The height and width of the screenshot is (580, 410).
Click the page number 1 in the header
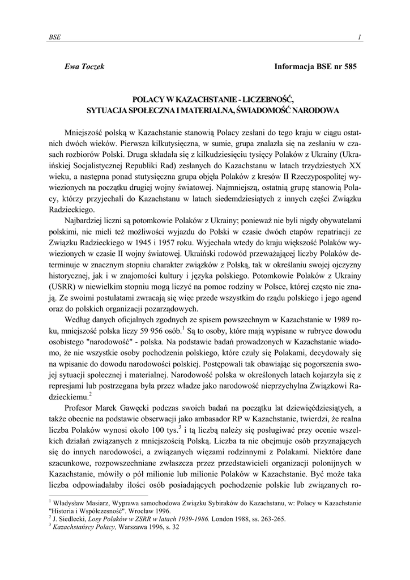click(x=360, y=37)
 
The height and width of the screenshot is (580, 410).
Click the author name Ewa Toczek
click(x=85, y=66)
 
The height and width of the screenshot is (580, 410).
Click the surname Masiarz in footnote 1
click(x=99, y=502)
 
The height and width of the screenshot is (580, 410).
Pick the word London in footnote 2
click(x=225, y=518)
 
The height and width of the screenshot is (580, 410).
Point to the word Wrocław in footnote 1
click(x=128, y=510)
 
